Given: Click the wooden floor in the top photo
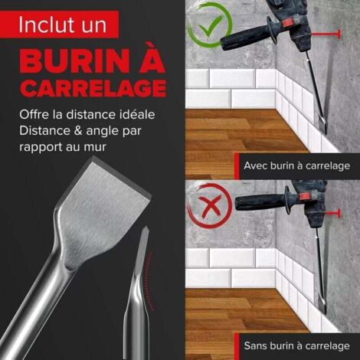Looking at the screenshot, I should point(230,130).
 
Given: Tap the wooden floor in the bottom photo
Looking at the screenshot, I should point(230,310).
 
